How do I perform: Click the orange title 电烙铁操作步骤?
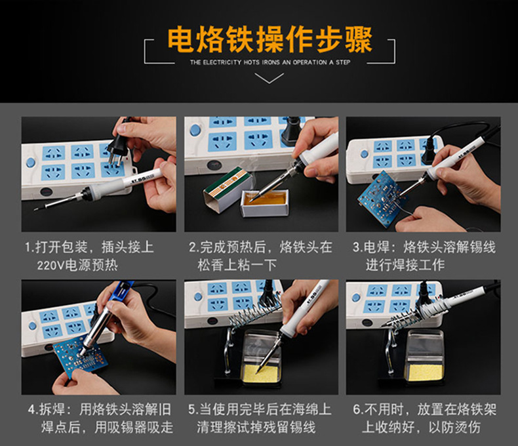pos(269,40)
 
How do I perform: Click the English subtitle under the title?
pos(270,62)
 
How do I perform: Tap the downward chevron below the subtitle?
pos(269,78)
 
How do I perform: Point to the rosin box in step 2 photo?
pos(266,203)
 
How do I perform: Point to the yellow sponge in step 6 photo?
pos(425,372)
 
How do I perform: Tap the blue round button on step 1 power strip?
pos(30,163)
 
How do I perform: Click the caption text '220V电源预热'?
pos(77,265)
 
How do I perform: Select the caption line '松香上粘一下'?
pos(237,265)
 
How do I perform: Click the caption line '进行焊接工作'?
pos(405,265)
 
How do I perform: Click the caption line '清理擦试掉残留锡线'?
pos(256,427)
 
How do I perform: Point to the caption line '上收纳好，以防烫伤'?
pos(421,427)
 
